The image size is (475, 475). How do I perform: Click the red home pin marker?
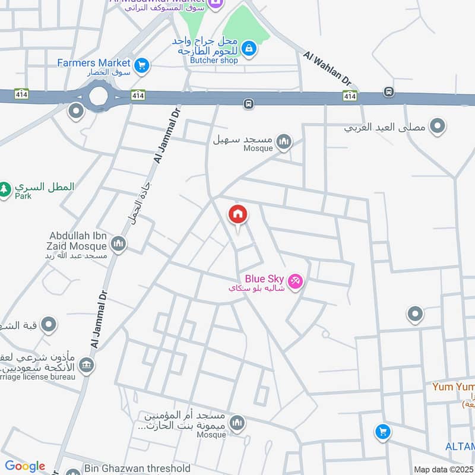(238, 214)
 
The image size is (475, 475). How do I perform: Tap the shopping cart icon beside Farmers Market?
(141, 65)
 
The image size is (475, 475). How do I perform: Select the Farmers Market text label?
(94, 62)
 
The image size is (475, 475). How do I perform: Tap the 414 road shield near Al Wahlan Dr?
(350, 96)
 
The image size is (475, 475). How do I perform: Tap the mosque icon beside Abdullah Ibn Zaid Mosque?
(119, 243)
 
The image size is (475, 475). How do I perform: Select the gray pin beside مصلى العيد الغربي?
(438, 126)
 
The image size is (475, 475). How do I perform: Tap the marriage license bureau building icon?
(87, 364)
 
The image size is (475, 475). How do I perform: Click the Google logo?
(25, 466)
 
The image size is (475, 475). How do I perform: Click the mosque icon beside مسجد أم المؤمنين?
(237, 423)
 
